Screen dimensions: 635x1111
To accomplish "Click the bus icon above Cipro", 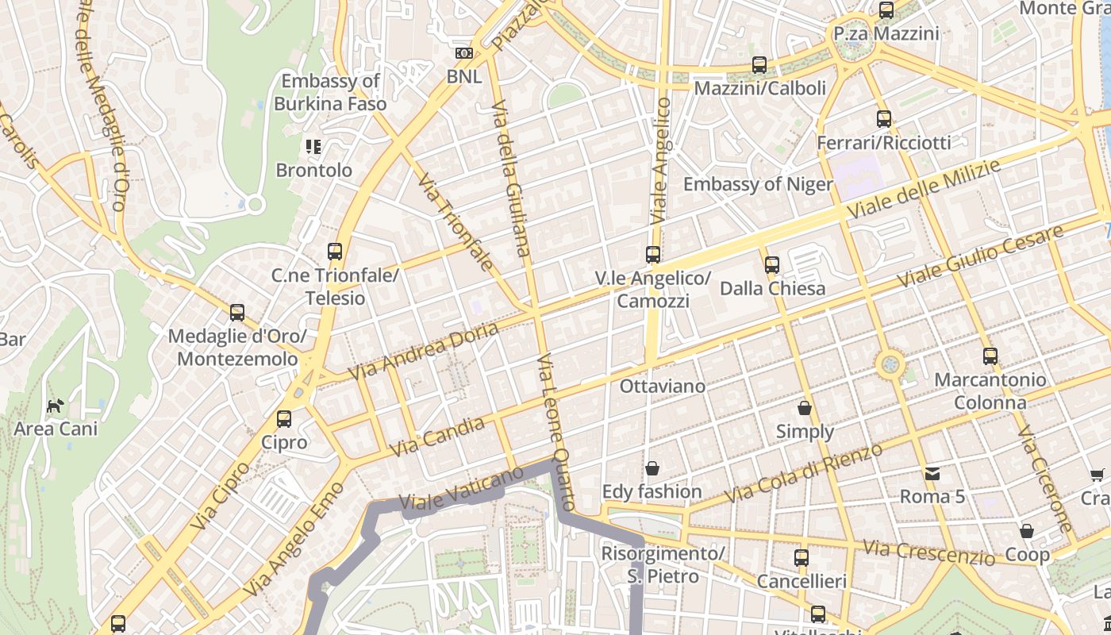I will (x=284, y=418).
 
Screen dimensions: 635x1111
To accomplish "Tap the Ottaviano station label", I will (x=662, y=387).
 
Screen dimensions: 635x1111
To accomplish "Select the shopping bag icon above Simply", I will (x=805, y=408).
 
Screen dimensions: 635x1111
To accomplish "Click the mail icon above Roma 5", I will (x=932, y=474).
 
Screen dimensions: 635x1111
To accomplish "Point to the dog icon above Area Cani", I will (x=55, y=406).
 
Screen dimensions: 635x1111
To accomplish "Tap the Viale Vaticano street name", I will (x=461, y=489).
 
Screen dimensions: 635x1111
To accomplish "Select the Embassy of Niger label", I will (x=758, y=184).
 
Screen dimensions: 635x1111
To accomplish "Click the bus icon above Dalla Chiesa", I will (x=771, y=264).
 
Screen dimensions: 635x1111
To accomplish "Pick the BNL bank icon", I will (x=464, y=54).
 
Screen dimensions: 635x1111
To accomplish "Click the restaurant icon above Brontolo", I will (x=313, y=147).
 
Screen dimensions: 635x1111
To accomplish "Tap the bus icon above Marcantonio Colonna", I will (x=990, y=356).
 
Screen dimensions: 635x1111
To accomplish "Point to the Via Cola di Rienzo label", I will (x=803, y=473).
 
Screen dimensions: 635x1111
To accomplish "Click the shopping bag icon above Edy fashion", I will (x=652, y=468).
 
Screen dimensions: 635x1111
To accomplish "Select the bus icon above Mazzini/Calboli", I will (x=759, y=65).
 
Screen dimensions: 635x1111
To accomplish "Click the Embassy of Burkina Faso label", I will (x=330, y=92).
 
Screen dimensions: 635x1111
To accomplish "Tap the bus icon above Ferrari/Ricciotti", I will (x=884, y=119).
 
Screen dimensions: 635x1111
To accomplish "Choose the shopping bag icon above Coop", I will (x=1027, y=530).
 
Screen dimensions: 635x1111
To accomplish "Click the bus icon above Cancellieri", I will (x=801, y=558).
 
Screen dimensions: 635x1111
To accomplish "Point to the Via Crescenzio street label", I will (x=928, y=552).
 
